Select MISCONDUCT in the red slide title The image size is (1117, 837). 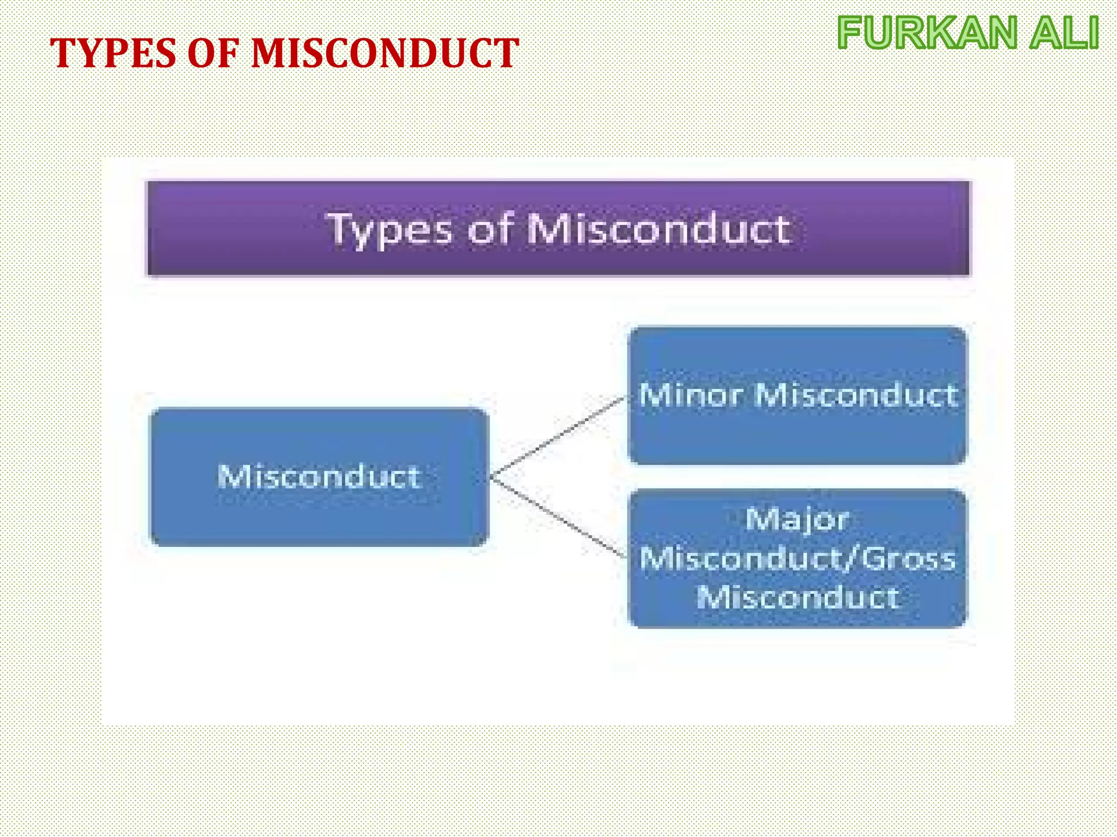coord(385,54)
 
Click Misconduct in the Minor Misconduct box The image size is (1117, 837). coord(856,395)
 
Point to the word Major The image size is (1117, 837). coord(797,520)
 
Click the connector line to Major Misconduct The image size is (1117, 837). coord(558,517)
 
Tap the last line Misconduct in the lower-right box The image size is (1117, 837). coord(797,598)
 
